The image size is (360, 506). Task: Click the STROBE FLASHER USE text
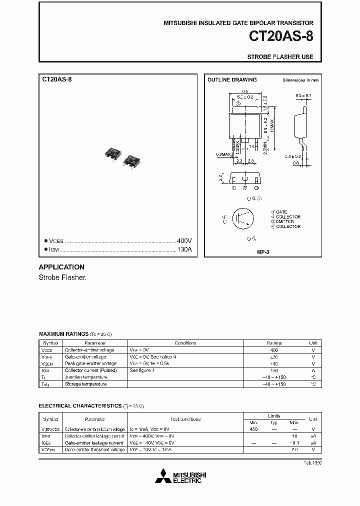coord(280,57)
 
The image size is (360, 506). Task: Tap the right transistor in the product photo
coord(132,160)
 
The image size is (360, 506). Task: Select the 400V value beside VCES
coord(184,240)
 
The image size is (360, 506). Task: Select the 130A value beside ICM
coord(184,249)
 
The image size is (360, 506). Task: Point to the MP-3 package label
coord(263,252)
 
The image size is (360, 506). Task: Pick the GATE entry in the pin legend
coord(281,212)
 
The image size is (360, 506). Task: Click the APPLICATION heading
coord(61,267)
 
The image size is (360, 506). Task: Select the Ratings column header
coord(274,343)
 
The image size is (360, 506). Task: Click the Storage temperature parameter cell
coord(85,384)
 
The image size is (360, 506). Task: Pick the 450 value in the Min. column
coord(253,429)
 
